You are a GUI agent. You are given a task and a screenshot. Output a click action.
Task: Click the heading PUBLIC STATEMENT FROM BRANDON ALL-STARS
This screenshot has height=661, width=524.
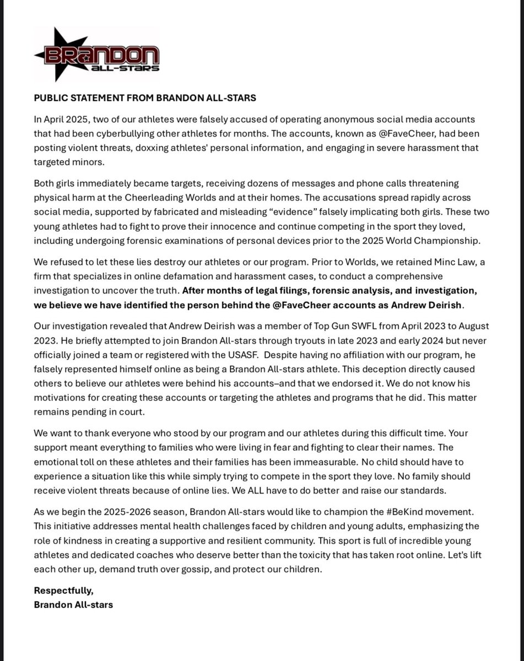145,98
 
